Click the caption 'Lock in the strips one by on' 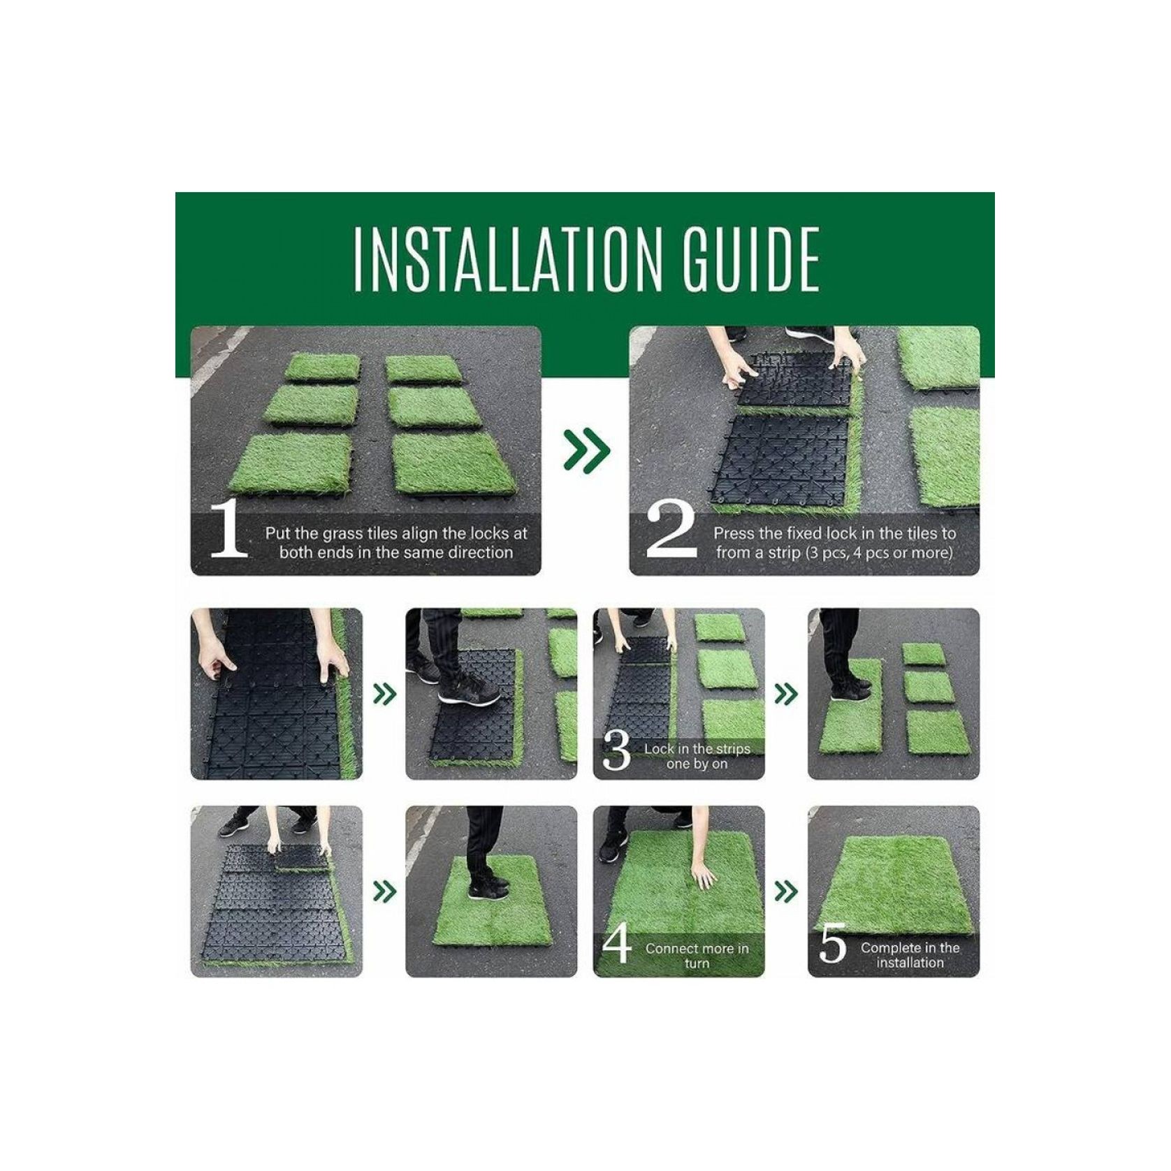[697, 756]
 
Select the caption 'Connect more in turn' [697, 956]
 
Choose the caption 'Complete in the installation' [910, 955]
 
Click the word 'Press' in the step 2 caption [734, 534]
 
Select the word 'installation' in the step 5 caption [910, 963]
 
